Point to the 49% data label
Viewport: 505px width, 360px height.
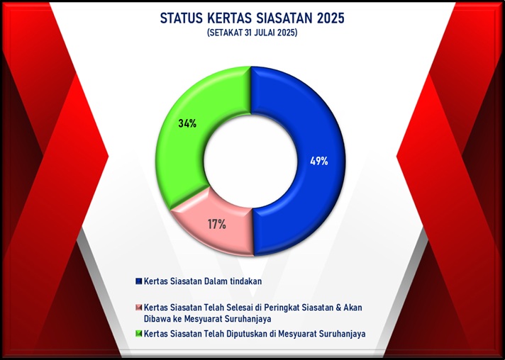[x=319, y=161]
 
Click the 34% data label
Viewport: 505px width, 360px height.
[x=187, y=123]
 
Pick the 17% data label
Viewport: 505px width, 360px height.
[x=217, y=224]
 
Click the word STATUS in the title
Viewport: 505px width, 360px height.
[x=182, y=18]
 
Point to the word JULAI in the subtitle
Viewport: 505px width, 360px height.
[x=262, y=33]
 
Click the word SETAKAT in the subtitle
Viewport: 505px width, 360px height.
[x=225, y=33]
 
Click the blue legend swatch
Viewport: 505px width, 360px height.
[x=139, y=281]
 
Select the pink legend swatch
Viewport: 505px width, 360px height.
[x=139, y=307]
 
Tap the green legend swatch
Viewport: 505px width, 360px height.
[x=139, y=333]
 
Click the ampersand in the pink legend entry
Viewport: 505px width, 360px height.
[x=338, y=308]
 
